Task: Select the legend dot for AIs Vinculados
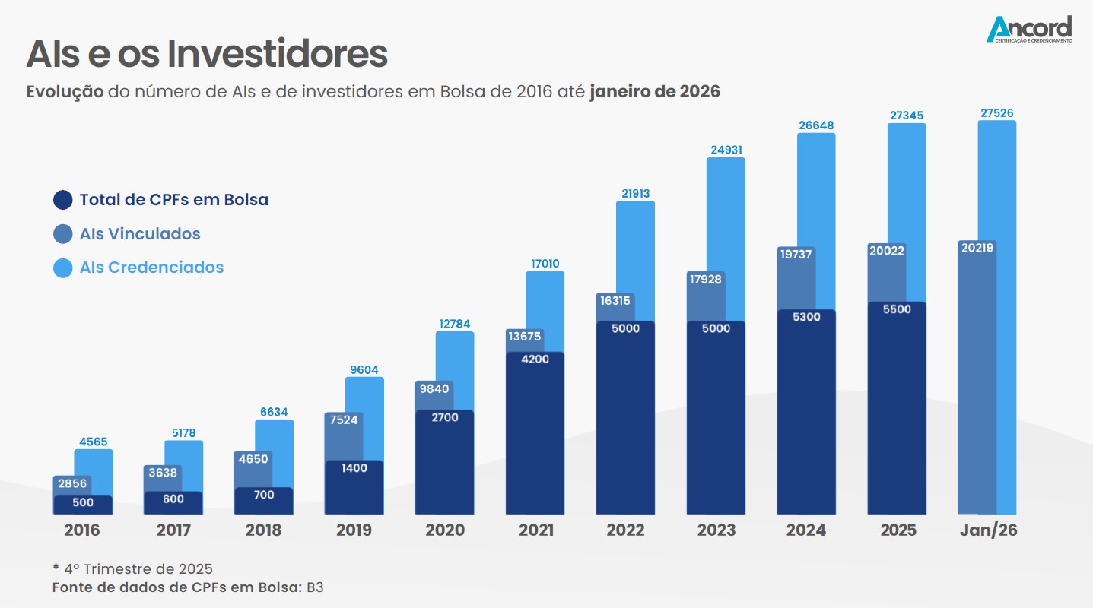click(63, 234)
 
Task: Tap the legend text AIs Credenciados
click(151, 268)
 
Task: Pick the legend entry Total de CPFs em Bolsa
click(173, 201)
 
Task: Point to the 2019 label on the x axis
click(354, 530)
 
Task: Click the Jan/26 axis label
click(988, 530)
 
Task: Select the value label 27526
click(997, 113)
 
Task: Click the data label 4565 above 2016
click(94, 442)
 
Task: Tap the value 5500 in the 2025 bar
click(896, 309)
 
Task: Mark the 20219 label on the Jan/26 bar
click(977, 248)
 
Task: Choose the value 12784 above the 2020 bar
click(455, 324)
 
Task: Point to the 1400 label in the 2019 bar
click(354, 468)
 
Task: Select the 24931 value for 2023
click(726, 150)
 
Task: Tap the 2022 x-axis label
click(625, 530)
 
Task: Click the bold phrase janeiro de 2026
click(654, 92)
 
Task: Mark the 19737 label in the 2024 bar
click(796, 255)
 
